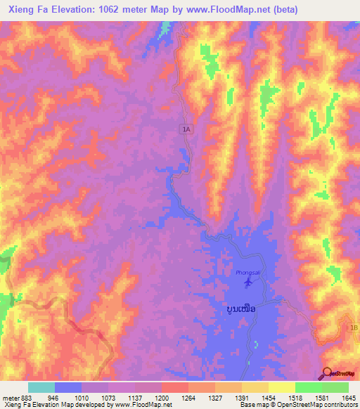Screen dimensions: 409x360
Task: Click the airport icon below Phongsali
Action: pos(247,283)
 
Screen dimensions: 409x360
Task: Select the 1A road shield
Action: pos(186,129)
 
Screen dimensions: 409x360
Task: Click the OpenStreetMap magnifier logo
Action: pos(328,373)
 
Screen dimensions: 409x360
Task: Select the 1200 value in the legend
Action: pos(161,396)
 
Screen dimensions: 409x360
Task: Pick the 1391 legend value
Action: pos(241,396)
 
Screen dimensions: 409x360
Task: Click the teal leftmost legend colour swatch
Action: pos(41,387)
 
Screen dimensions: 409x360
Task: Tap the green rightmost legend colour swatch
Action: pos(335,387)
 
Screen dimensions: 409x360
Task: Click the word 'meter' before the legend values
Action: pos(9,396)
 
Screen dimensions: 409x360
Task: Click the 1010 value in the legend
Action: pos(82,396)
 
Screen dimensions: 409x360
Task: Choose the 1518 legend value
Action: pos(295,396)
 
